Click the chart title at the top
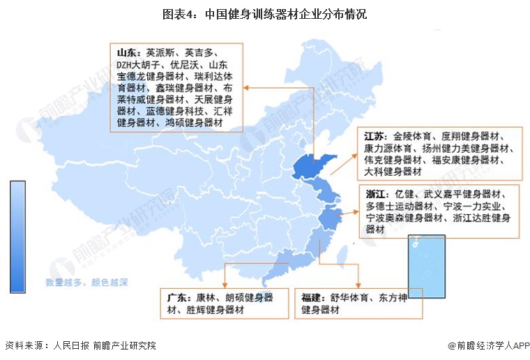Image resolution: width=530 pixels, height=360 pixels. click(264, 13)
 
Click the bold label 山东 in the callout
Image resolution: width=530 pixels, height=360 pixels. click(126, 52)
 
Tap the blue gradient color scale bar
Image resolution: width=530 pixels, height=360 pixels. click(18, 237)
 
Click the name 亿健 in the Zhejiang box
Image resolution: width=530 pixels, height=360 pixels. click(405, 193)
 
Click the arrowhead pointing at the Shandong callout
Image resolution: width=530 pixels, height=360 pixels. click(246, 87)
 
